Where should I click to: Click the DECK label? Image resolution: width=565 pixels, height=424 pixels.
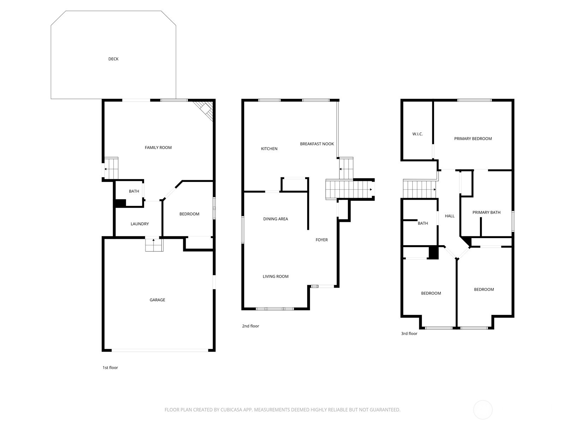coord(113,59)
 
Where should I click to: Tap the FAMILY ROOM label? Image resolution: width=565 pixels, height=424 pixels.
coord(158,148)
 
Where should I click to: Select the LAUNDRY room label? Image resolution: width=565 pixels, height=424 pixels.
coord(139,224)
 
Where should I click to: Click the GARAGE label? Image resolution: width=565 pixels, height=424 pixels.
coord(157,300)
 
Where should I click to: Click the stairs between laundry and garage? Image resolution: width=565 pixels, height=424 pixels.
coord(154,245)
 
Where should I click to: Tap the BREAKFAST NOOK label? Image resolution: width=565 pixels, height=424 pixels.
coord(317,144)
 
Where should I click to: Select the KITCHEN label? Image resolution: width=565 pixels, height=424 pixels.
coord(269,149)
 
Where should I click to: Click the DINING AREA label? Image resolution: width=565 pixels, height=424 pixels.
coord(275,219)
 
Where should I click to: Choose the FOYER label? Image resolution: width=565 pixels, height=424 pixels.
coord(321,240)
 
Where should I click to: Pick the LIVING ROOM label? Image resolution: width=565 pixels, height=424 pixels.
coord(275,277)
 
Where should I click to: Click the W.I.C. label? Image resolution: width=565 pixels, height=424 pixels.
coord(417,134)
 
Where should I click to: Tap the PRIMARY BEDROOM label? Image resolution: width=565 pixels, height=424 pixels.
coord(473,139)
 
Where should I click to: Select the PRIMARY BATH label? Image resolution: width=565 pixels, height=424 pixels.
coord(486,212)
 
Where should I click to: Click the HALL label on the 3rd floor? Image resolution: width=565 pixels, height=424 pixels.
coord(450,216)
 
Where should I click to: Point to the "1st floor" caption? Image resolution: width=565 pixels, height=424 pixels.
coord(110,368)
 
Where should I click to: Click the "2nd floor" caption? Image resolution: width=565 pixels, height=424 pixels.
coord(250,326)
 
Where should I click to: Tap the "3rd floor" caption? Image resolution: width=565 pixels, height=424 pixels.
coord(409,334)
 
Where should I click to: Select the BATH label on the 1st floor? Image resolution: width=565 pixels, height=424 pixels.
coord(134,192)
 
